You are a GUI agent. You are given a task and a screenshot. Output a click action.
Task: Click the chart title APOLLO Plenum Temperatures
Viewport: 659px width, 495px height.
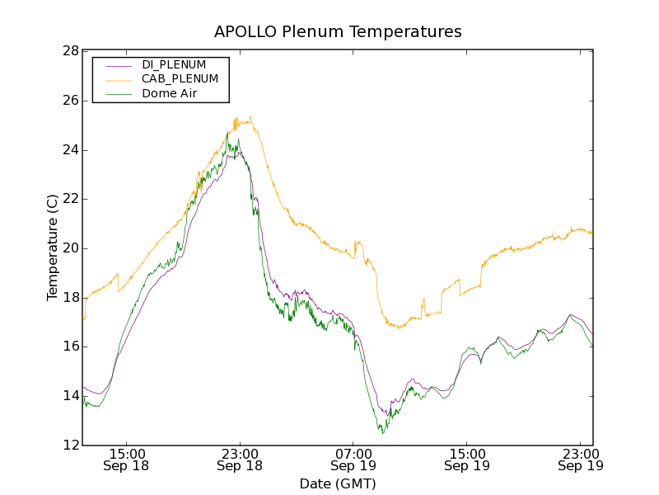pyautogui.click(x=338, y=32)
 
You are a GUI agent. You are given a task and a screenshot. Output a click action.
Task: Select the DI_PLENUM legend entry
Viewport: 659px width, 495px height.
pyautogui.click(x=174, y=64)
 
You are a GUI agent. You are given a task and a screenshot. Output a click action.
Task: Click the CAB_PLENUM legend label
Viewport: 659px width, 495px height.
pyautogui.click(x=180, y=78)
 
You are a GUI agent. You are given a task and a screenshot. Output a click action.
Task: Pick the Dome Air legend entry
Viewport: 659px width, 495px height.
pyautogui.click(x=169, y=93)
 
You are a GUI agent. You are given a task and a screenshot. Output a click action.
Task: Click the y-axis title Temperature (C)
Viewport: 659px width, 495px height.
pyautogui.click(x=52, y=247)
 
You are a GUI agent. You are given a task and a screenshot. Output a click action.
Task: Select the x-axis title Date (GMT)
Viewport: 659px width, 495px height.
pyautogui.click(x=338, y=483)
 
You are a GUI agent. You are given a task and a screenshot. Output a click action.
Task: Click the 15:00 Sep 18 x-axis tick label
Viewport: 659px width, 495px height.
pyautogui.click(x=127, y=460)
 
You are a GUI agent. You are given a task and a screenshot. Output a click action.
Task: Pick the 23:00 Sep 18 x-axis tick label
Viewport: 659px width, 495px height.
pyautogui.click(x=240, y=460)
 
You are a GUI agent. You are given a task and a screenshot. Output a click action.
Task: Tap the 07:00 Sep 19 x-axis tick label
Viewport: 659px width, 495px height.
pyautogui.click(x=353, y=460)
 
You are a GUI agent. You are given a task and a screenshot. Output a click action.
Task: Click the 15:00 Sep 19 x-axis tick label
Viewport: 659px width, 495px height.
pyautogui.click(x=467, y=460)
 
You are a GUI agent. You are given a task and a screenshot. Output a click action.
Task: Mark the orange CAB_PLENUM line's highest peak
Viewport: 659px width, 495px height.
pyautogui.click(x=250, y=117)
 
